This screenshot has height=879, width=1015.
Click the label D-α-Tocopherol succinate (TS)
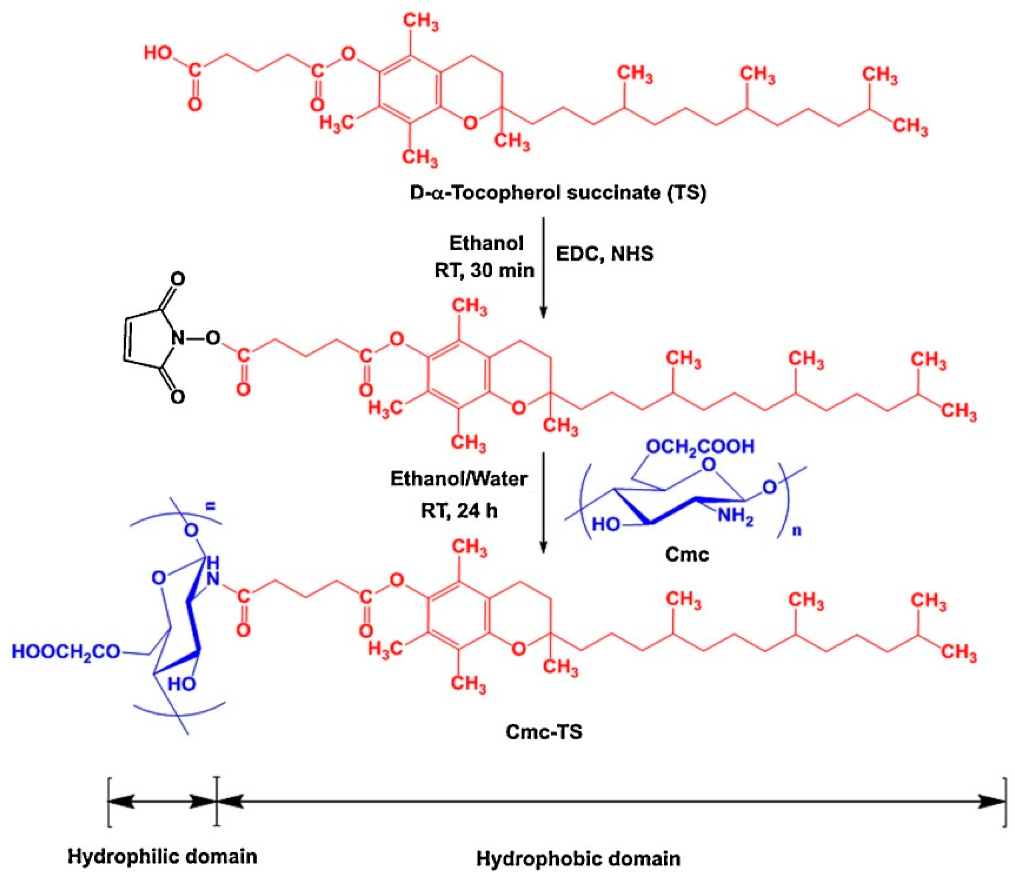(558, 193)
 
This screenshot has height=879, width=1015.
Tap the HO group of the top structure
(158, 53)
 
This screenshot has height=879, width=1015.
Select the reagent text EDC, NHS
(604, 254)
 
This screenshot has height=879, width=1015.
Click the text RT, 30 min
(484, 270)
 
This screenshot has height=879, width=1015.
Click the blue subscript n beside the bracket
(797, 531)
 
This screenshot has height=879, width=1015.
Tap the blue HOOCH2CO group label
(66, 652)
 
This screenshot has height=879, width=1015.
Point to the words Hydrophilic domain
(162, 857)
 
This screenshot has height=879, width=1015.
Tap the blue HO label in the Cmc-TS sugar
(181, 684)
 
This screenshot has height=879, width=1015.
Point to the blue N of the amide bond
(213, 580)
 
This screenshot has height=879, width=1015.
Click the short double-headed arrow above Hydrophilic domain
(162, 801)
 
